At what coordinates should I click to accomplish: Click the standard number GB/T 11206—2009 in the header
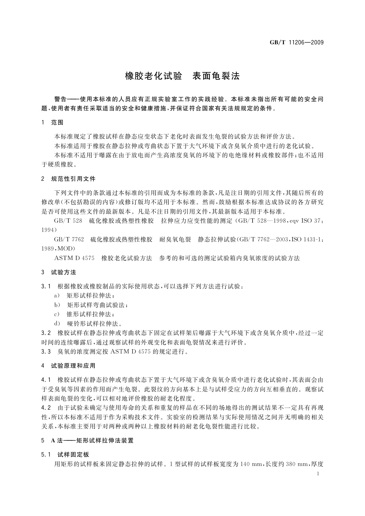tap(296, 42)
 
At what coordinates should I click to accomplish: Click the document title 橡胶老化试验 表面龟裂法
tap(182, 76)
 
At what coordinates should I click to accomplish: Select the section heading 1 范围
tap(52, 123)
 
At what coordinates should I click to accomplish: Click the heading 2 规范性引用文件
tap(69, 179)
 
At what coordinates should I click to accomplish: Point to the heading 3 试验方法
tap(59, 272)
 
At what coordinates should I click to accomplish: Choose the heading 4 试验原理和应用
tap(69, 366)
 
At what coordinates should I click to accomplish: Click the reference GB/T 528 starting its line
tap(68, 221)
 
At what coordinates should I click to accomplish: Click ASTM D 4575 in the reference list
tap(74, 258)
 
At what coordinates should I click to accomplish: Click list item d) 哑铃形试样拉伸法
tap(88, 323)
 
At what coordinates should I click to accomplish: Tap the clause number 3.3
tap(46, 351)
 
